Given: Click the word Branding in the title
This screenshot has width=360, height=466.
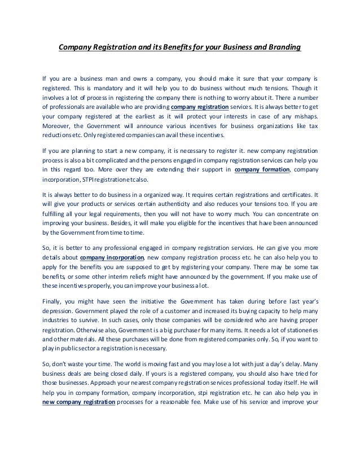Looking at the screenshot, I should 280,48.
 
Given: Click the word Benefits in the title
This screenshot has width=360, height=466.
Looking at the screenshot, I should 178,48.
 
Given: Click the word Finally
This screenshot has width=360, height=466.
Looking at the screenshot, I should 54,302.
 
